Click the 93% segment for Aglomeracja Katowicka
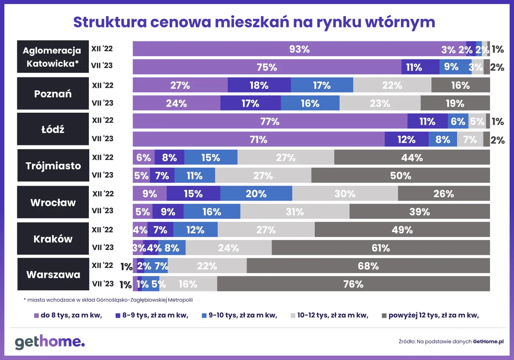point(299,49)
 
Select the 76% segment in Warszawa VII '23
point(353,284)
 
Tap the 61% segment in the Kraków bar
point(381,248)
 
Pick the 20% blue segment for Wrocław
point(256,193)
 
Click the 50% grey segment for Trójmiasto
point(400,175)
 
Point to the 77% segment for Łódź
point(270,121)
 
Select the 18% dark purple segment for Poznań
point(259,85)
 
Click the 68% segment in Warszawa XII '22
point(368,266)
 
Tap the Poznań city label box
point(53,94)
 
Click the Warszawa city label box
point(53,274)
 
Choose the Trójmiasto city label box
point(53,166)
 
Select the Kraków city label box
point(53,239)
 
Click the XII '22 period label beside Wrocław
point(103,193)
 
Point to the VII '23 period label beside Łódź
point(102,139)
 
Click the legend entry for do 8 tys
point(68,315)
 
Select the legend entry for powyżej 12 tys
point(430,315)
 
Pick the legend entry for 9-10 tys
point(239,315)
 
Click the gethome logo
point(50,342)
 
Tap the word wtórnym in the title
point(400,22)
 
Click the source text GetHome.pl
point(488,342)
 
